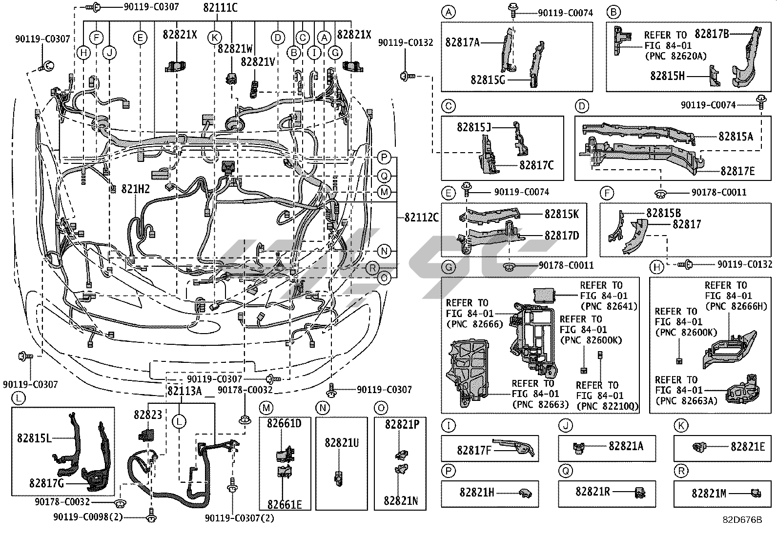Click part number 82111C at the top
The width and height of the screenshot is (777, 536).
[x=221, y=7]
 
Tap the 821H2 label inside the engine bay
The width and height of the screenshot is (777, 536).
[x=135, y=190]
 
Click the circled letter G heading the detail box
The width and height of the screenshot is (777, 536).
[x=448, y=267]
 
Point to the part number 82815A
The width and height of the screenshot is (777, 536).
[x=736, y=137]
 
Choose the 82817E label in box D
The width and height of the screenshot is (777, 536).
[x=737, y=171]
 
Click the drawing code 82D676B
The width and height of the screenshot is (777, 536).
[x=742, y=520]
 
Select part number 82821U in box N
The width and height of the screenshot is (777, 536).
[x=342, y=442]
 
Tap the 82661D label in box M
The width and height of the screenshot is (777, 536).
[x=284, y=423]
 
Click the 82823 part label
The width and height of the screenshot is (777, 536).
[x=148, y=415]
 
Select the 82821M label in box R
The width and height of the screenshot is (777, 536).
[x=709, y=494]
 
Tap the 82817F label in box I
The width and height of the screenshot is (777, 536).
[x=474, y=450]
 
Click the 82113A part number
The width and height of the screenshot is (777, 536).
[x=184, y=391]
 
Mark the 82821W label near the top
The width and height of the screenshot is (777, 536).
[x=235, y=49]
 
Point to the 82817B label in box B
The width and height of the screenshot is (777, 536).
[x=712, y=34]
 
